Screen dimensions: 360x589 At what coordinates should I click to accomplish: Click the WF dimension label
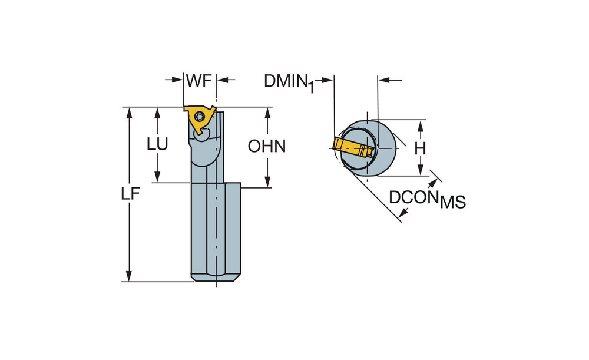198,81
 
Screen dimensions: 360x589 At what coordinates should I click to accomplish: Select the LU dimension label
157,145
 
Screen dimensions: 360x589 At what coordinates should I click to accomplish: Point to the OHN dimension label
267,146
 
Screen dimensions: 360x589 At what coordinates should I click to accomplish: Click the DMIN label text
286,81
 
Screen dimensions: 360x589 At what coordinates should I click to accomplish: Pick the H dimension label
420,148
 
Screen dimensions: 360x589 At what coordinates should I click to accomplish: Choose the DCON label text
413,197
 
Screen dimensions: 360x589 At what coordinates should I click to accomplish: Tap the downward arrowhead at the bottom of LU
157,178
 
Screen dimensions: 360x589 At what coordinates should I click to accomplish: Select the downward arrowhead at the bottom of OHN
267,183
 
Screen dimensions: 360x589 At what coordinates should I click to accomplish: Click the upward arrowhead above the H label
421,125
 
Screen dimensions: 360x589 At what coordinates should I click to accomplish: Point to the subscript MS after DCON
453,203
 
